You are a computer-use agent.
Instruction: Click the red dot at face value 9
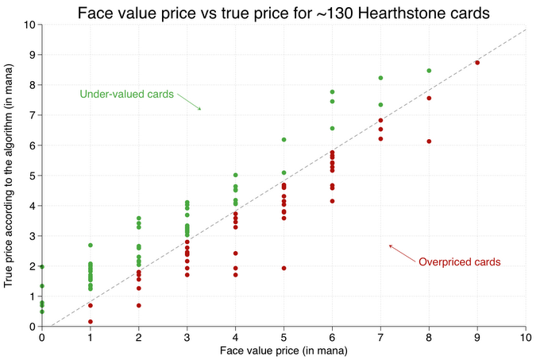[477, 62]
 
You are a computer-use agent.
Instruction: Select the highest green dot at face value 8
[429, 71]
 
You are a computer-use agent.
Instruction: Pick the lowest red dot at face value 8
[429, 141]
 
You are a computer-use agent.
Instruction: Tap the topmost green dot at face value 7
[380, 78]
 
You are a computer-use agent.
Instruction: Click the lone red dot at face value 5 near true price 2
[283, 268]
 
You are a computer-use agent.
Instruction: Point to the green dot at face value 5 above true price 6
[283, 140]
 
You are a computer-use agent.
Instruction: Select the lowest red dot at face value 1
[91, 321]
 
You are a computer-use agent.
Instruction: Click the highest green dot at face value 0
[42, 267]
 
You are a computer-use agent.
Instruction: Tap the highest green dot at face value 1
[91, 246]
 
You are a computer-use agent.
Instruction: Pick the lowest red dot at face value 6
[332, 201]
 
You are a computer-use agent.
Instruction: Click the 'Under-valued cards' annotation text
[127, 94]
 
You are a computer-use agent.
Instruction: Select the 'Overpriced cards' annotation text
[460, 261]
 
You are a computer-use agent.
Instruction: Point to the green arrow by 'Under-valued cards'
[189, 102]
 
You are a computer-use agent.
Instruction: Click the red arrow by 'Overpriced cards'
[403, 254]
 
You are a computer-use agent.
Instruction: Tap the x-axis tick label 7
[380, 337]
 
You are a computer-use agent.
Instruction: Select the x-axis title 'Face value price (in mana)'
[283, 351]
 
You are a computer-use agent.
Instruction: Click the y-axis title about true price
[8, 176]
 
